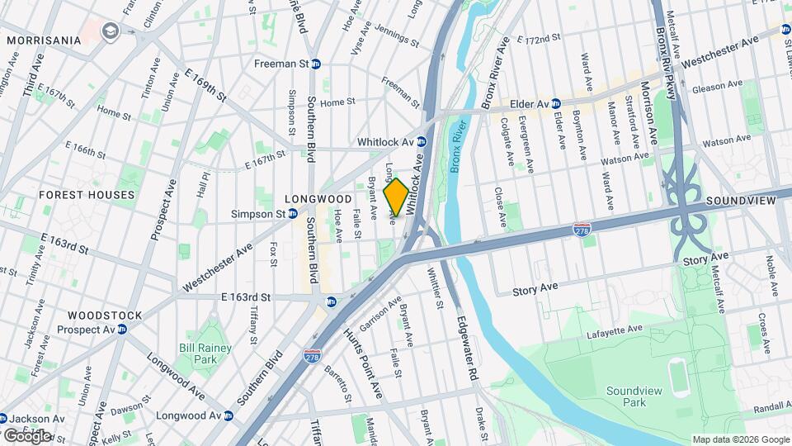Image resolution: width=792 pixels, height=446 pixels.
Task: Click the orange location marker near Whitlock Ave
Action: tap(396, 197)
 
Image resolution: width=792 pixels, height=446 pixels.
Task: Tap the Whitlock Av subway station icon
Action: tap(420, 142)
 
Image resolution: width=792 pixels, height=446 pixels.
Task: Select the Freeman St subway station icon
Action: tap(315, 64)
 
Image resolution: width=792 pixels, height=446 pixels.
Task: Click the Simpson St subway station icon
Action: tap(292, 214)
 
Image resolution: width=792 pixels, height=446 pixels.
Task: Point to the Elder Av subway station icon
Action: tap(556, 104)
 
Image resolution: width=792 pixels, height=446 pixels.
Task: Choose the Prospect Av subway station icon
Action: tap(121, 330)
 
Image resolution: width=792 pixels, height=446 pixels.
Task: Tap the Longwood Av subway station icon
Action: tap(224, 415)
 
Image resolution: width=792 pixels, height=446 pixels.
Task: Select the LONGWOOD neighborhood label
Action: tap(318, 199)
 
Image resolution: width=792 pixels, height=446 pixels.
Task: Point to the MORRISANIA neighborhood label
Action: tap(45, 40)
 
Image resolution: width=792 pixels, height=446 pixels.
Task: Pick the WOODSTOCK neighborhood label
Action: tap(105, 316)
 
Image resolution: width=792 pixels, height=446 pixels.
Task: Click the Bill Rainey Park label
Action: tap(197, 354)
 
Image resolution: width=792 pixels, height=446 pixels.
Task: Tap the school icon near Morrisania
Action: tap(109, 31)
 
